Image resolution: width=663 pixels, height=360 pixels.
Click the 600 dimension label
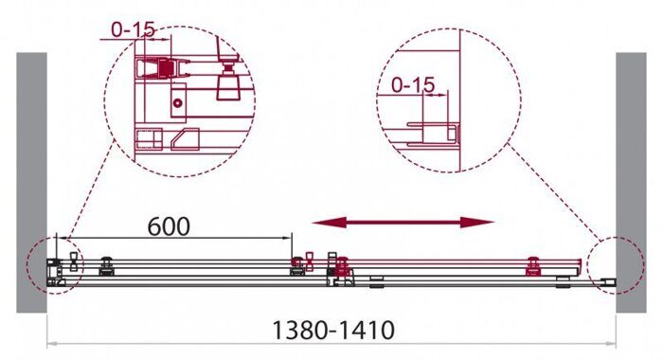point(170,226)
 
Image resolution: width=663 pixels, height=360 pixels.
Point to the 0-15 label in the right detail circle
point(412,85)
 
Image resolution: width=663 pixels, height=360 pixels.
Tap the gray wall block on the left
point(31,180)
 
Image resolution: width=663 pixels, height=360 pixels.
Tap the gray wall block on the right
point(631,180)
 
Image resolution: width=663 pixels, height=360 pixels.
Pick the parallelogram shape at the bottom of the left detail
point(186,141)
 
